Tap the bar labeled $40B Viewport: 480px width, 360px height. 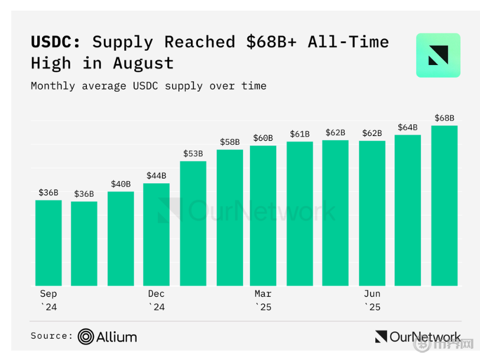(x=121, y=239)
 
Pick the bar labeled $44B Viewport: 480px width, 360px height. (x=157, y=235)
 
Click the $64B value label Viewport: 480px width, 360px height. (x=407, y=127)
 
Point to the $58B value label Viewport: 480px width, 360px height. (x=229, y=142)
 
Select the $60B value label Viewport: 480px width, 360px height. (x=263, y=138)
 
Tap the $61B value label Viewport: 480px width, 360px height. (x=300, y=134)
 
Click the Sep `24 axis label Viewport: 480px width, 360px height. (x=48, y=300)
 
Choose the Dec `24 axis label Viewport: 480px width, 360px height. (x=157, y=300)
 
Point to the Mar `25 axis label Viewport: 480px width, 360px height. (x=263, y=300)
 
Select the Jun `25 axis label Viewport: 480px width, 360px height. (x=372, y=300)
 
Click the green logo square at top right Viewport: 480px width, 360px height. (x=438, y=55)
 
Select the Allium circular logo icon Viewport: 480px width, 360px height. (x=86, y=337)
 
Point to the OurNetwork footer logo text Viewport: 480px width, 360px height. (x=424, y=337)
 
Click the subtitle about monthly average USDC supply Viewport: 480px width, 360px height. (x=148, y=86)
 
